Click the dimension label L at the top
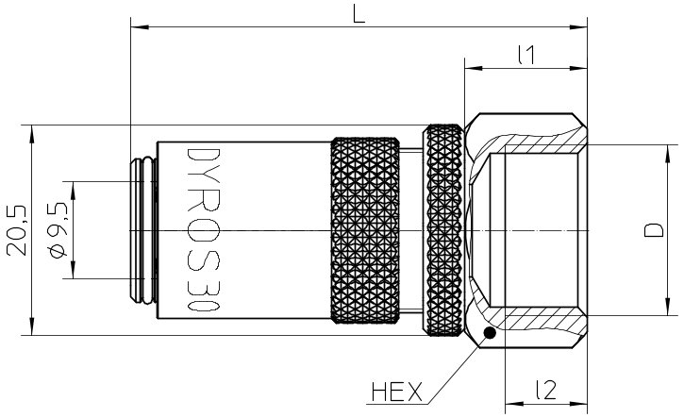[359, 14]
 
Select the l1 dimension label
[526, 56]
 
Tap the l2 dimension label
[546, 390]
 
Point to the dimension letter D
[654, 230]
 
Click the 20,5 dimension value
[17, 230]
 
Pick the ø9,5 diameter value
[58, 230]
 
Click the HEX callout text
[397, 392]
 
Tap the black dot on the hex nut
[490, 333]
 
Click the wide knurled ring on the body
[365, 230]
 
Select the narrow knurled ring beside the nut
[444, 230]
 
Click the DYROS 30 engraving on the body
[203, 230]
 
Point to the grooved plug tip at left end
[143, 230]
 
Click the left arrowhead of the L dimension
[140, 27]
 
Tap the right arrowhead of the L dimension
[578, 27]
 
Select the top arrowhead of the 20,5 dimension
[31, 134]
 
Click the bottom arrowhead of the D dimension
[668, 307]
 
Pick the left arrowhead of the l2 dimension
[514, 404]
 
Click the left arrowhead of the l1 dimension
[475, 69]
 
